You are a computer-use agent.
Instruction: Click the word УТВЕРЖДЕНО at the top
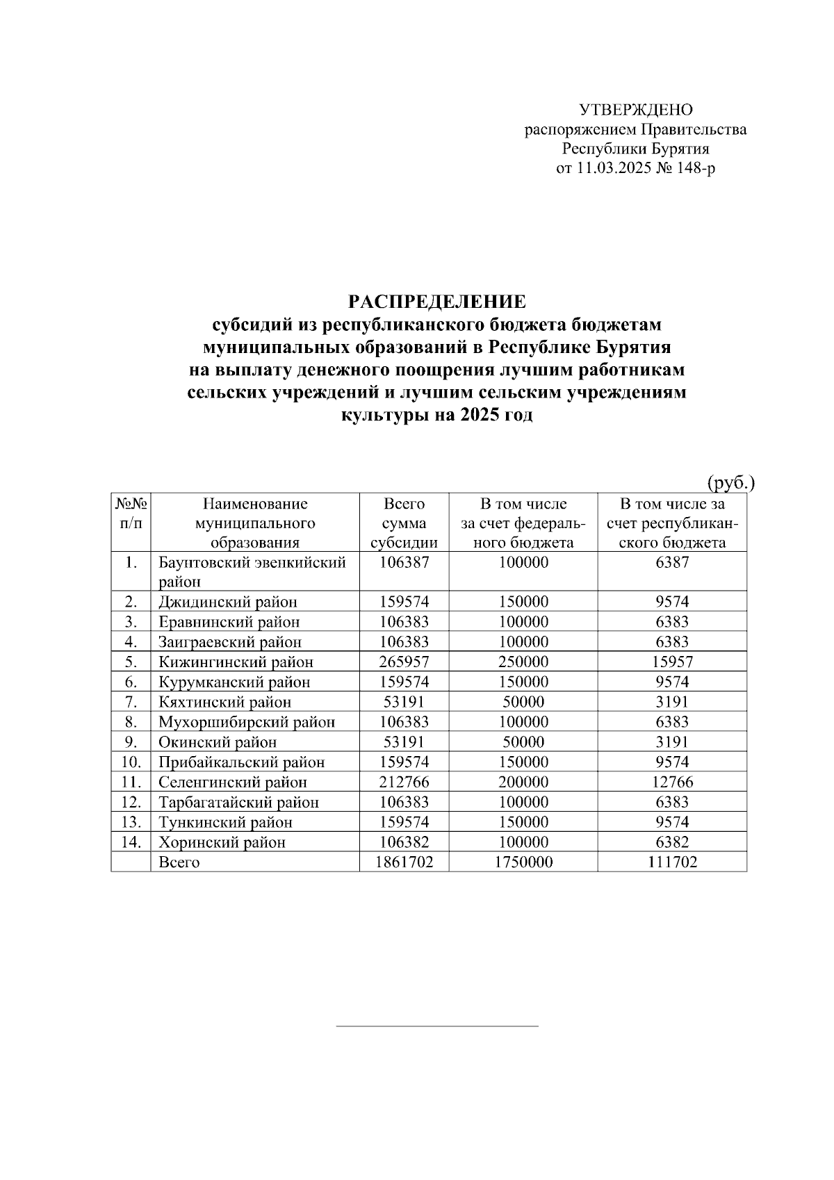(x=636, y=110)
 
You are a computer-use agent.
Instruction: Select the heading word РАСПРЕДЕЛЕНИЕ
(x=436, y=302)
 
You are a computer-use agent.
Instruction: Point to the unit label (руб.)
(x=731, y=482)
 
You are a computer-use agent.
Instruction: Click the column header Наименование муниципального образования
(x=255, y=523)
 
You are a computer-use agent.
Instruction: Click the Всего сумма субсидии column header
(x=404, y=523)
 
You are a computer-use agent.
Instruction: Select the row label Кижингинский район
(x=236, y=662)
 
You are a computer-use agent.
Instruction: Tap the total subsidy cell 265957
(x=404, y=662)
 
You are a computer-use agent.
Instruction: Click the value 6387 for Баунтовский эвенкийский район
(x=671, y=562)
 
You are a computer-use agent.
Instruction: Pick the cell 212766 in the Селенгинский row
(x=404, y=782)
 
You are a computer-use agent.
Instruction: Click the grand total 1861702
(x=404, y=862)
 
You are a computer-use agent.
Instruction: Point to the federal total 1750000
(x=523, y=862)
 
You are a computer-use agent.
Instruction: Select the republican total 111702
(x=671, y=862)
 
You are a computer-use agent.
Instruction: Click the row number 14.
(x=131, y=842)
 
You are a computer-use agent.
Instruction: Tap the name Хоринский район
(x=222, y=843)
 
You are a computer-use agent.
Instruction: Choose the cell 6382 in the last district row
(x=671, y=842)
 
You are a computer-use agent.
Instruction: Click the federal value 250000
(x=523, y=662)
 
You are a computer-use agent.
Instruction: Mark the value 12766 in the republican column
(x=671, y=782)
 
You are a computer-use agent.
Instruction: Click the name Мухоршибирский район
(x=247, y=722)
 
